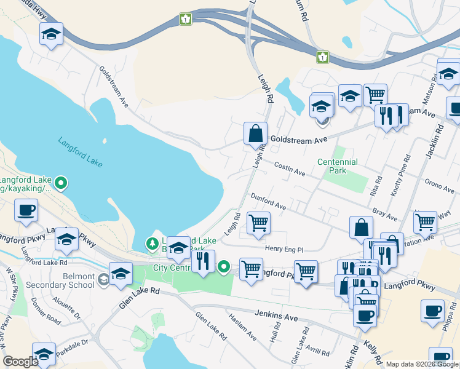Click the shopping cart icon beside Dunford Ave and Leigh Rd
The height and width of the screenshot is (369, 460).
pyautogui.click(x=258, y=223)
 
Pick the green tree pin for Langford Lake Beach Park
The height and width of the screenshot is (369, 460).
pyautogui.click(x=152, y=244)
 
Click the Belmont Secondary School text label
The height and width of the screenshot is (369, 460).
pyautogui.click(x=60, y=281)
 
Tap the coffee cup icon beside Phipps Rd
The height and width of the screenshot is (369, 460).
pyautogui.click(x=432, y=310)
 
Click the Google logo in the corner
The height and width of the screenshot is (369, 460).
pyautogui.click(x=20, y=362)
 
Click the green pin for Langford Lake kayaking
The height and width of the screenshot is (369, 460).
pyautogui.click(x=61, y=183)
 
